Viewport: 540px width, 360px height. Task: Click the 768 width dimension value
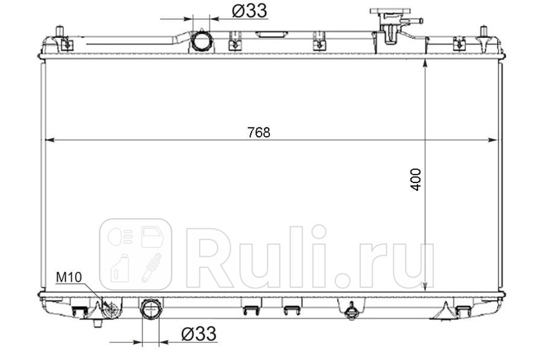(259, 132)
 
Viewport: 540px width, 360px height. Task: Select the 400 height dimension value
(416, 180)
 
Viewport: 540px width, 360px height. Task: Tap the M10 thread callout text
(69, 277)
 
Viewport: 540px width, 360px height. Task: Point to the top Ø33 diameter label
(249, 11)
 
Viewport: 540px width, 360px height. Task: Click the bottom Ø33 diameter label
(199, 334)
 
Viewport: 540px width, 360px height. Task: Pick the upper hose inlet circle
(202, 41)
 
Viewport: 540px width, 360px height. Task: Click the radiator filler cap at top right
(390, 11)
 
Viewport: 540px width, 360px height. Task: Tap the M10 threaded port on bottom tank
(112, 309)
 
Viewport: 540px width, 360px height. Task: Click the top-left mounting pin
(59, 31)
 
